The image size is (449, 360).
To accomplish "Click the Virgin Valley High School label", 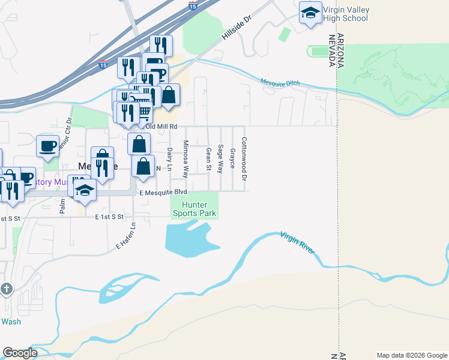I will click(x=346, y=14).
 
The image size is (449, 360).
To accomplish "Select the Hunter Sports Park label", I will click(x=194, y=209).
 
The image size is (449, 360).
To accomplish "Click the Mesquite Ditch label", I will click(x=280, y=83).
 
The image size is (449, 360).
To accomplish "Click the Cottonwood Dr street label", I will click(x=244, y=159).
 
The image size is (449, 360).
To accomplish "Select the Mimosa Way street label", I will click(x=185, y=160).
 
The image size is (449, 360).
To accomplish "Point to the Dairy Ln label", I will click(x=170, y=158).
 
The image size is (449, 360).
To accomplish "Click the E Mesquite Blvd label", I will click(x=163, y=192).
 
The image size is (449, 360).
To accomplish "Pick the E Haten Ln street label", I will click(x=126, y=236).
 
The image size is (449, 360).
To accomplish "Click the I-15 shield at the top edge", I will click(x=192, y=5).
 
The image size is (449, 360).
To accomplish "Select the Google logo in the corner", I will click(x=20, y=353).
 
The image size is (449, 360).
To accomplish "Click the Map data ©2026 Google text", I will click(x=411, y=355).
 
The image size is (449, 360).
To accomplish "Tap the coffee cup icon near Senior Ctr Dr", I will click(x=47, y=145).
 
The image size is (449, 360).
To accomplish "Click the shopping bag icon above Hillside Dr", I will click(x=169, y=94).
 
